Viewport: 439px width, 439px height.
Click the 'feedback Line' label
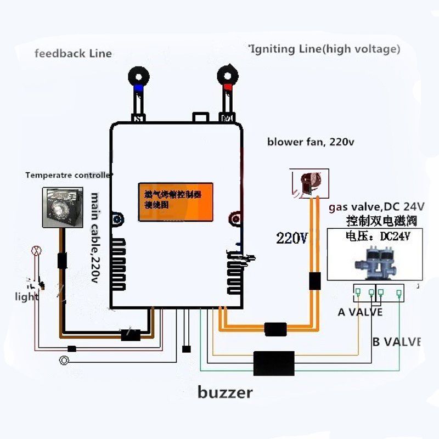pos(73,53)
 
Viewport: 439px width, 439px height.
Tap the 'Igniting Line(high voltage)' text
pos(324,49)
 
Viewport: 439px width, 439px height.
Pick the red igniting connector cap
pos(227,87)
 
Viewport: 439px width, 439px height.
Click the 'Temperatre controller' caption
pos(69,176)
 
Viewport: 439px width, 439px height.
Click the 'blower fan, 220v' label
pos(311,142)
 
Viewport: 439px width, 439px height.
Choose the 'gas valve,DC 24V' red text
pos(376,207)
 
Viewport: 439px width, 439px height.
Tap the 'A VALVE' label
pos(360,312)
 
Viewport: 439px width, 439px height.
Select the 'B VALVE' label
pos(396,342)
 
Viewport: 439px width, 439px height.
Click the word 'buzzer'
pos(225,392)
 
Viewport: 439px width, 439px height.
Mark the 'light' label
pos(26,297)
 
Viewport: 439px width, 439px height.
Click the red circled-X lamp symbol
pos(37,251)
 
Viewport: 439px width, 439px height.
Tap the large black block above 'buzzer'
pos(274,363)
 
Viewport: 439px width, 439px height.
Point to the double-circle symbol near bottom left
pos(64,360)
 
